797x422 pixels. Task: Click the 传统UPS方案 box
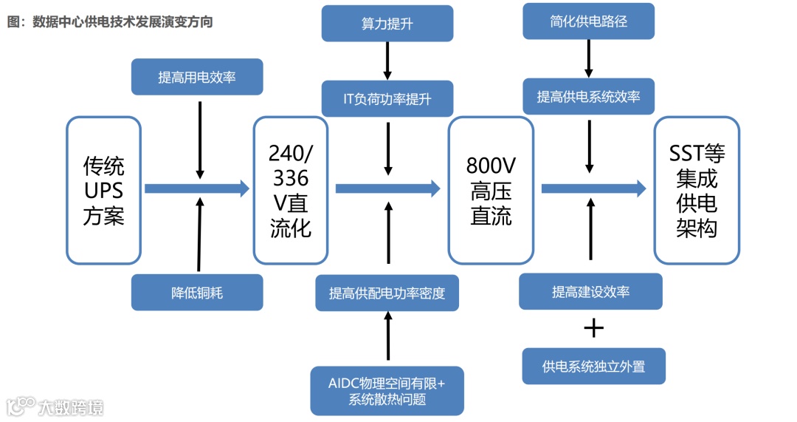[x=103, y=190]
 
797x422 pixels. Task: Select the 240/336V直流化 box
[x=291, y=190]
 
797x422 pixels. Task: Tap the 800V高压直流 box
[x=491, y=190]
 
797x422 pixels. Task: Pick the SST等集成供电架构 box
[x=697, y=190]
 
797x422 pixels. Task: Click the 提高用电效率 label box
[x=197, y=77]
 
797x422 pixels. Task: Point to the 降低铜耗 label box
[x=197, y=293]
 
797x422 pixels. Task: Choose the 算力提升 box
[x=387, y=24]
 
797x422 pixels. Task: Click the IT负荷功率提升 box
[x=387, y=99]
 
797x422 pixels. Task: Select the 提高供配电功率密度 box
[x=387, y=293]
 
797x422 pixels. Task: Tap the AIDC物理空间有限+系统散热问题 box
[x=387, y=391]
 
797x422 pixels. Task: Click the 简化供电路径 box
[x=589, y=21]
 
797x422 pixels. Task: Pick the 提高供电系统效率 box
[x=589, y=97]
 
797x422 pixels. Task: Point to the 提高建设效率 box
[x=590, y=291]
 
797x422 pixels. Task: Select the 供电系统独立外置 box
[x=593, y=366]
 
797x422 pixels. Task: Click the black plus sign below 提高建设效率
[x=593, y=328]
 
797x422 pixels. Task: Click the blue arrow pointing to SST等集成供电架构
[x=593, y=188]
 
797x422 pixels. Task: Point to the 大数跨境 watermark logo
[x=55, y=406]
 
